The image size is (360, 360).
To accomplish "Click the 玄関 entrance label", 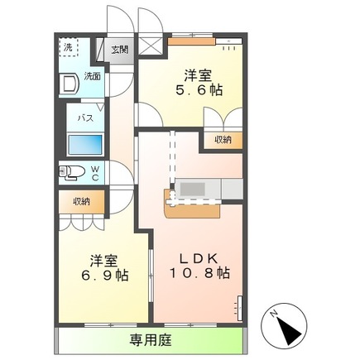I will pyautogui.click(x=121, y=49).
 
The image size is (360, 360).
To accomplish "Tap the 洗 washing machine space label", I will pyautogui.click(x=68, y=46).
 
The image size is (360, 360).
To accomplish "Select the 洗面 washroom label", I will pyautogui.click(x=94, y=76).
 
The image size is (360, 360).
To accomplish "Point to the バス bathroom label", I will pyautogui.click(x=85, y=118).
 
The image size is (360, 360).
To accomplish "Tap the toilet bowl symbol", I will pyautogui.click(x=73, y=172).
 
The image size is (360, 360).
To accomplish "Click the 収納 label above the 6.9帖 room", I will pyautogui.click(x=80, y=201).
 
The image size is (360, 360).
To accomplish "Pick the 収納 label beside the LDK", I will pyautogui.click(x=223, y=140).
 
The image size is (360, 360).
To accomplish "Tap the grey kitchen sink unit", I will pyautogui.click(x=196, y=190).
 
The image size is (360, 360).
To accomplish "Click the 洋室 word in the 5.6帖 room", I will pyautogui.click(x=196, y=72).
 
